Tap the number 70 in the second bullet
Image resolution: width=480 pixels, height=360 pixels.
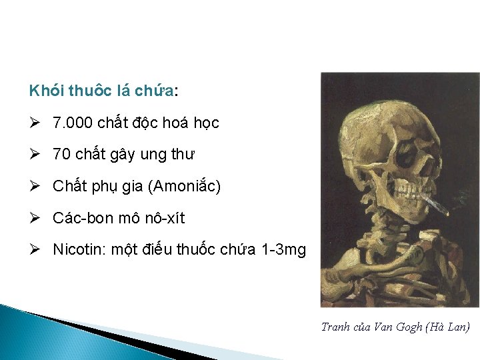(61, 155)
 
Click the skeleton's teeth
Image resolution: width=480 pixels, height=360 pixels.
(413, 193)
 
